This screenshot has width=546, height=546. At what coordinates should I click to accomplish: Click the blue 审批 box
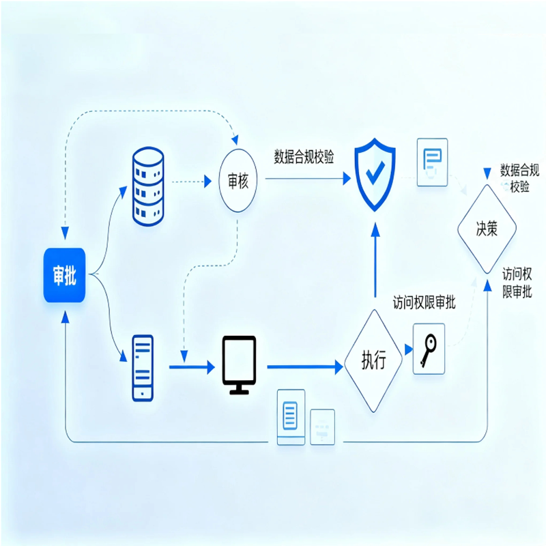pos(64,276)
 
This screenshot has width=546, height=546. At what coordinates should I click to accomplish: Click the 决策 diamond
pos(487,229)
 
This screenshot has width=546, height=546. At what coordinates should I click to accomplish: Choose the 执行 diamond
pos(373,360)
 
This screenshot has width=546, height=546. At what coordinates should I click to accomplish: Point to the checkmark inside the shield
pos(374,173)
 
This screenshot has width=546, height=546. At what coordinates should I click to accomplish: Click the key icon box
pos(429,348)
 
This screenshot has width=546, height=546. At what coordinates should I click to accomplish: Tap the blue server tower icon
pos(143,367)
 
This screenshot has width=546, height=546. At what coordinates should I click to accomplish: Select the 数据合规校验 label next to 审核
pos(304,156)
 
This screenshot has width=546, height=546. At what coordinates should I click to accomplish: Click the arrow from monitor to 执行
pos(304,367)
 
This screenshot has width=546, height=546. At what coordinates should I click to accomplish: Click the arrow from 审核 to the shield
pos(307,179)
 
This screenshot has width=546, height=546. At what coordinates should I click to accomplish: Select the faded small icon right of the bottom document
pos(322,427)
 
